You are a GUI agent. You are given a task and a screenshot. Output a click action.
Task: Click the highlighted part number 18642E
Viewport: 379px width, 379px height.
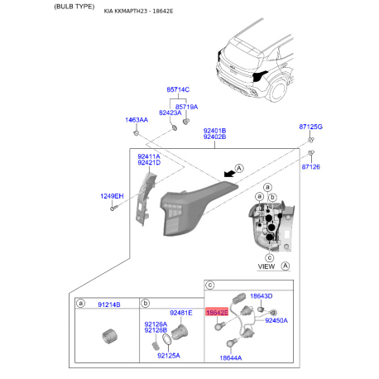tap(217, 313)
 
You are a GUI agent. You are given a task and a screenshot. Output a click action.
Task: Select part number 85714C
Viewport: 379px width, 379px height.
tap(178, 89)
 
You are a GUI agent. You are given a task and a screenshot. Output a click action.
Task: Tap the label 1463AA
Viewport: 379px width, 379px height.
tap(137, 120)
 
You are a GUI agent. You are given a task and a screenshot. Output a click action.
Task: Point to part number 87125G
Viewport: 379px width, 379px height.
tap(310, 127)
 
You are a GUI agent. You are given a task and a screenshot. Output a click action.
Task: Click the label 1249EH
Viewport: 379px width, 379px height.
tap(112, 196)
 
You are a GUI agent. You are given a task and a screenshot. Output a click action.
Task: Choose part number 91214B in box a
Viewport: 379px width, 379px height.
tap(109, 305)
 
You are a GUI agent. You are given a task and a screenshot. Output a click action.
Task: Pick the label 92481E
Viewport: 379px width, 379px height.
tap(181, 313)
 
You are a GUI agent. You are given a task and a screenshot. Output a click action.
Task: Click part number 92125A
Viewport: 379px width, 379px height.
tap(169, 356)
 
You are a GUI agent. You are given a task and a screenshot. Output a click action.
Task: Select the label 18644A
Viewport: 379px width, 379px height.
tap(231, 358)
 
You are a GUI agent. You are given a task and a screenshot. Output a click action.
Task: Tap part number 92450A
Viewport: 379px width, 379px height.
tap(276, 320)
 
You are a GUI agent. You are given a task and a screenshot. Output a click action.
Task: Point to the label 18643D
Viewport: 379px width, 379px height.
tap(261, 296)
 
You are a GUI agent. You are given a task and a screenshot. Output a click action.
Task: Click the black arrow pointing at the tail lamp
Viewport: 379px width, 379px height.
tap(229, 174)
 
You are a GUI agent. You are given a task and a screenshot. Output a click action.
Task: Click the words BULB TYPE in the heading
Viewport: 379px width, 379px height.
tap(74, 7)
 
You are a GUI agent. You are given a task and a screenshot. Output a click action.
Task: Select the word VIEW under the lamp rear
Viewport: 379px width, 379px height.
tap(266, 266)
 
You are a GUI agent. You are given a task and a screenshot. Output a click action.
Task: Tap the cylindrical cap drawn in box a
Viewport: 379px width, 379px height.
tap(109, 336)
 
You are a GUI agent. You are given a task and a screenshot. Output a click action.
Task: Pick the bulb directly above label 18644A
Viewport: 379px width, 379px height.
tap(232, 343)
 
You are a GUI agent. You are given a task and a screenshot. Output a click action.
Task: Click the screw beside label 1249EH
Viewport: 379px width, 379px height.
tap(114, 208)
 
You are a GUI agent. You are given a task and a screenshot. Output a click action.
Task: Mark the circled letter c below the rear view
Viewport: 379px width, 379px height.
tap(269, 258)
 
